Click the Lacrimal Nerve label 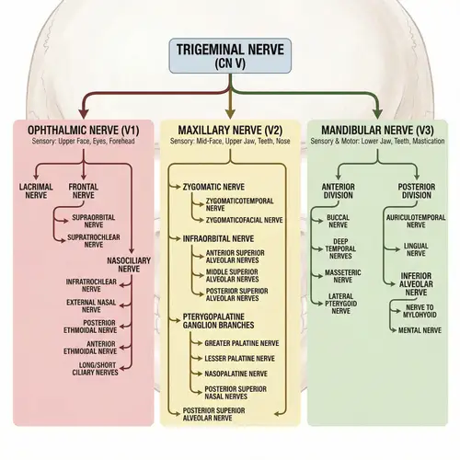pos(36,190)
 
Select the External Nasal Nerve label pos(90,305)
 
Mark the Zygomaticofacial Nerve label pos(245,221)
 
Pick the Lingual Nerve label pos(415,251)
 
